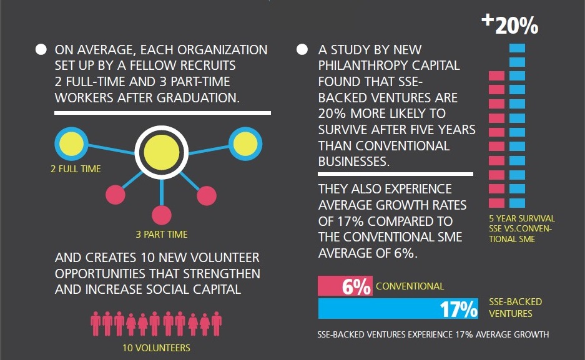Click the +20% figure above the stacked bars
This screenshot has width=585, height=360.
click(510, 24)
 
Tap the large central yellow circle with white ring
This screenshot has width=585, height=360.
click(162, 152)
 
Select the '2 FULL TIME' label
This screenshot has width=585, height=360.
click(76, 169)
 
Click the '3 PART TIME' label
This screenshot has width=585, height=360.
click(162, 235)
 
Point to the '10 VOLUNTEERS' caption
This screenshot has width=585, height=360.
click(156, 348)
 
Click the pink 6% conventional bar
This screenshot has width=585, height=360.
click(345, 286)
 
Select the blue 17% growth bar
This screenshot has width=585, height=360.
click(398, 309)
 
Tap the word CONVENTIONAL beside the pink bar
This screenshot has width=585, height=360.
click(410, 286)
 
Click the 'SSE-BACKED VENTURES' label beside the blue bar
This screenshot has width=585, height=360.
click(515, 308)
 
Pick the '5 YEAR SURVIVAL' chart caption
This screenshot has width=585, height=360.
click(522, 218)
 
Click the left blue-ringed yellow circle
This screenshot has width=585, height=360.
click(71, 144)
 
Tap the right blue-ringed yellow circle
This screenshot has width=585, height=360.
click(245, 144)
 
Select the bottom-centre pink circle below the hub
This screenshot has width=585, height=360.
click(162, 215)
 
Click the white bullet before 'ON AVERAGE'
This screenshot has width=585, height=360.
click(41, 49)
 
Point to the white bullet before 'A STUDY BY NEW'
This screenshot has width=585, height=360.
click(302, 49)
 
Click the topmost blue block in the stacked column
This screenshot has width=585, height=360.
click(517, 48)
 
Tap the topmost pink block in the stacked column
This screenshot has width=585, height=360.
click(496, 76)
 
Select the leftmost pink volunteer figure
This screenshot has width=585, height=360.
click(96, 324)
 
